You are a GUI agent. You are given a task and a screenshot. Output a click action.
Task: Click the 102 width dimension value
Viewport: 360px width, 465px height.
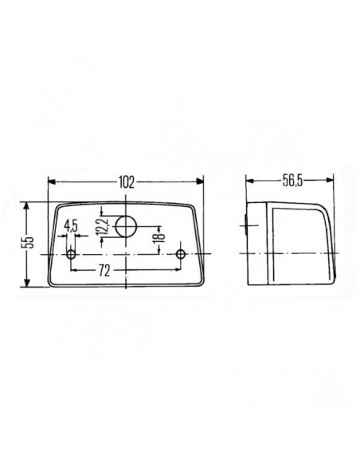[x=126, y=182]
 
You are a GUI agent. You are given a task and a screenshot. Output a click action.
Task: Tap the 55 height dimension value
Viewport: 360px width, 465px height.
[x=25, y=243]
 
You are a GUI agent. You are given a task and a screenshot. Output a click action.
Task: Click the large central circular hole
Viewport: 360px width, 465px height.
[x=126, y=228]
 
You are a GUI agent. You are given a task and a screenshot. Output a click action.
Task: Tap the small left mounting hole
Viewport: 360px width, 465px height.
[x=72, y=255]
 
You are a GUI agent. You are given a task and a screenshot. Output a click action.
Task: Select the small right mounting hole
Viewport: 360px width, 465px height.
[x=182, y=255]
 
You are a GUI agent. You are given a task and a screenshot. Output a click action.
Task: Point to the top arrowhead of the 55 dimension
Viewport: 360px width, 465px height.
[x=29, y=205]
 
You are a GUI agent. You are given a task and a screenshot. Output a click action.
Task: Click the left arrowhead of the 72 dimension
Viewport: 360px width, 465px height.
[x=75, y=271]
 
